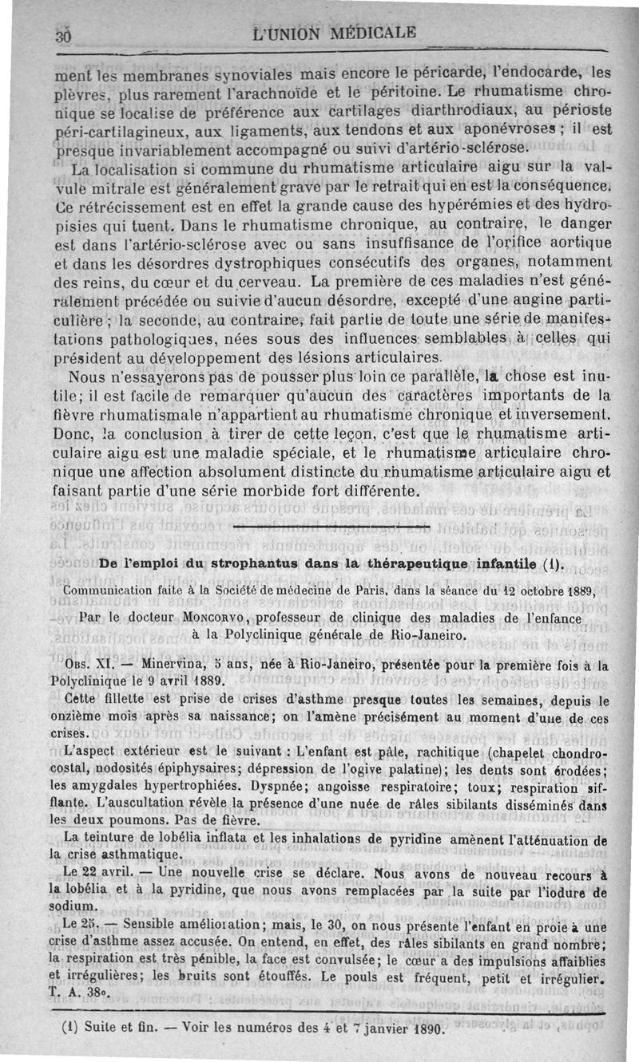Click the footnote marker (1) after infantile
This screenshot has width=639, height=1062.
(552, 565)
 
